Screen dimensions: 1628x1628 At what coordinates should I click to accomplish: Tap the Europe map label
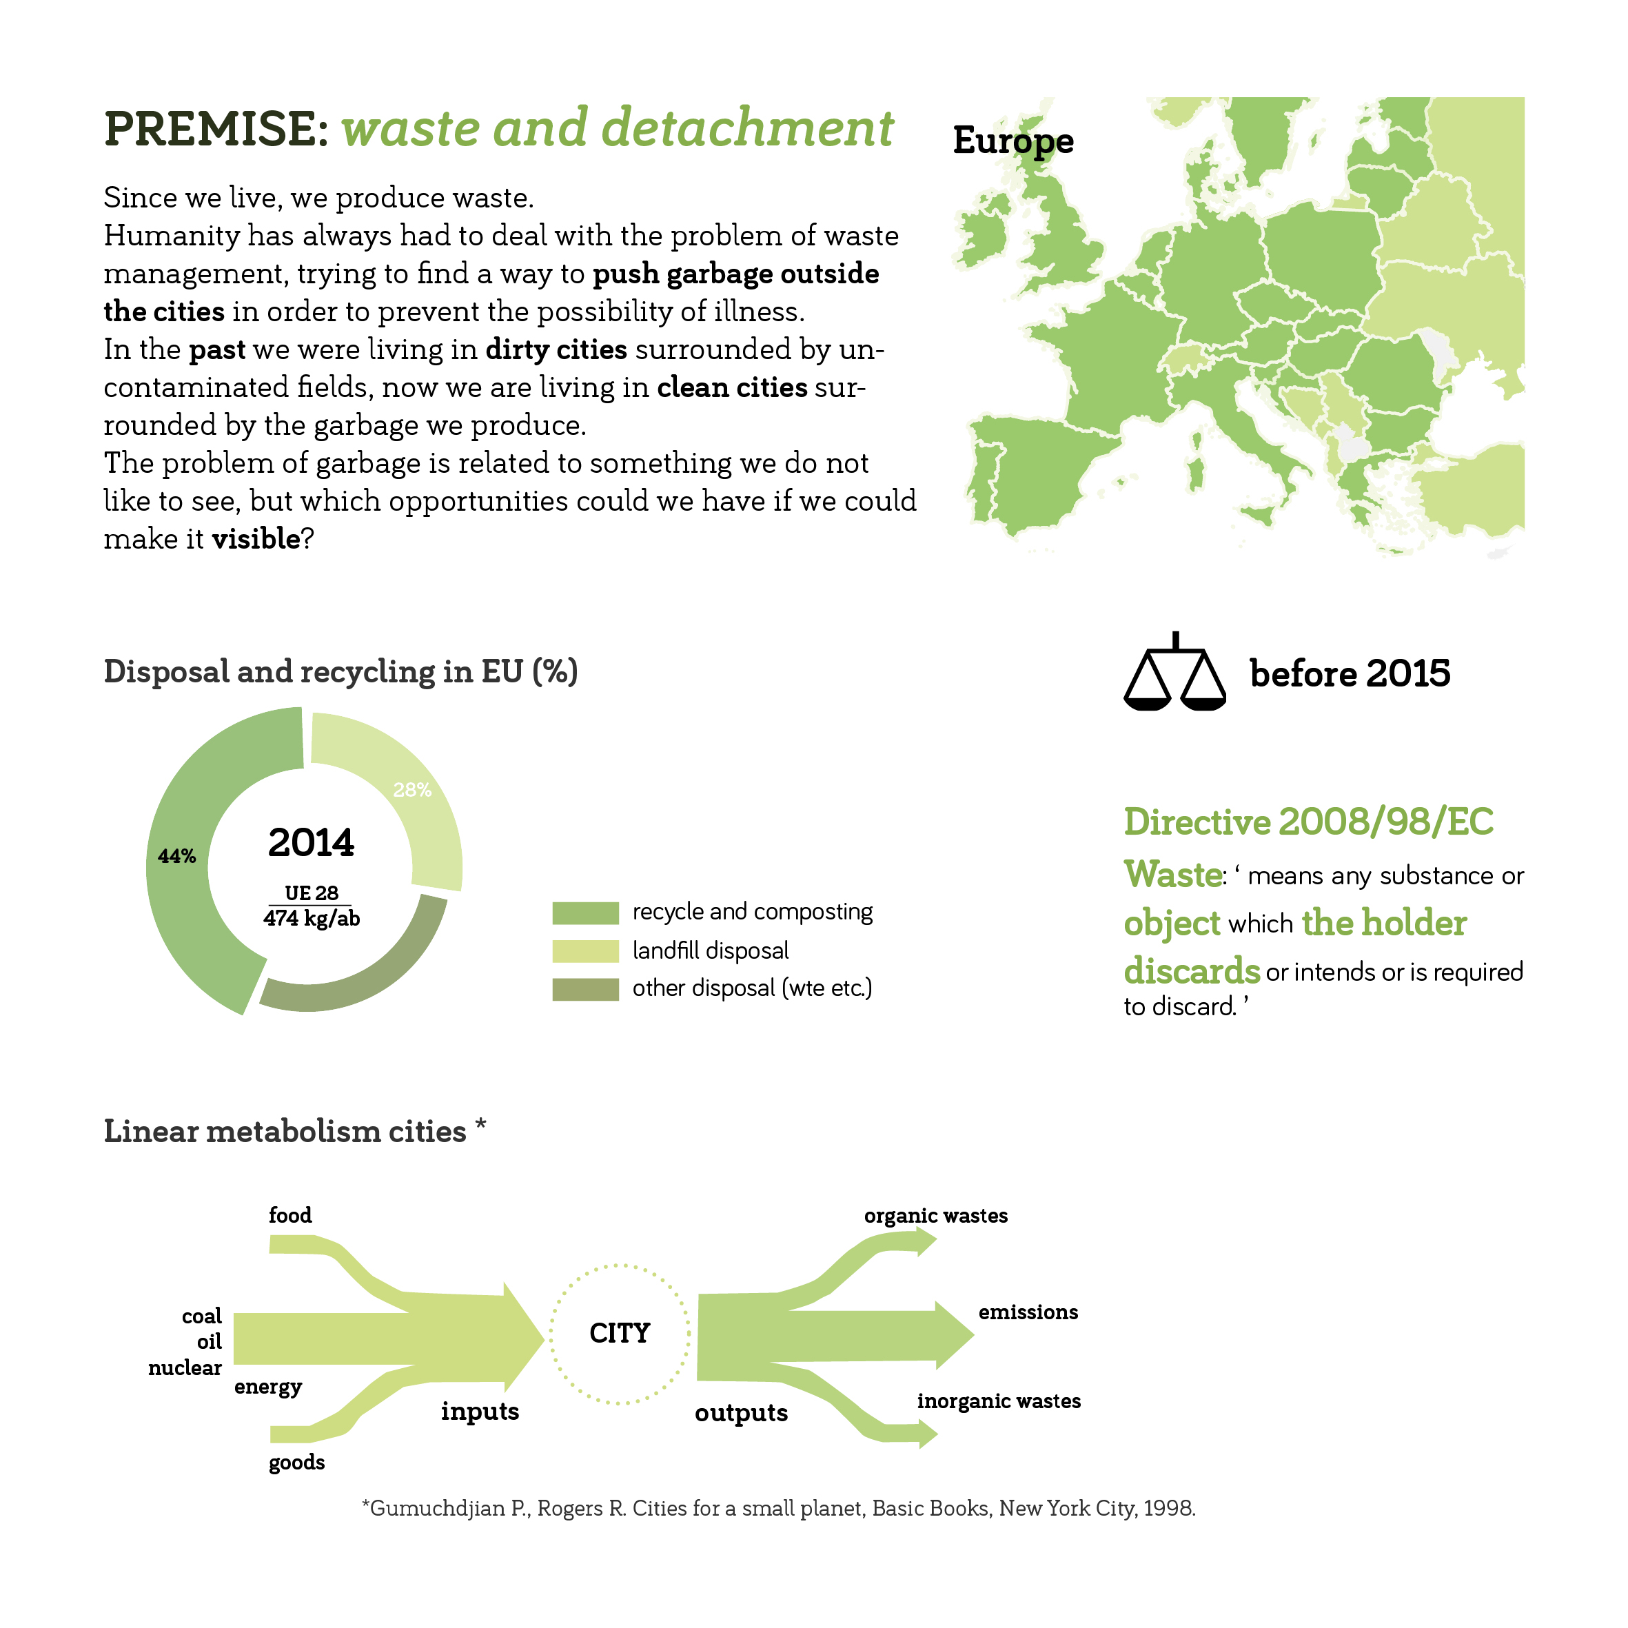(x=1013, y=141)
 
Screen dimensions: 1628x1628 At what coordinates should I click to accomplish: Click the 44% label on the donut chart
(x=177, y=856)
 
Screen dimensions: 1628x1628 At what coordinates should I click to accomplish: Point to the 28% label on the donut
(x=412, y=790)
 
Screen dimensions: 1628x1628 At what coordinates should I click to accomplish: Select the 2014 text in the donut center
(x=311, y=843)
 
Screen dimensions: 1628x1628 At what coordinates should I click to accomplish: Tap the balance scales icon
(x=1174, y=674)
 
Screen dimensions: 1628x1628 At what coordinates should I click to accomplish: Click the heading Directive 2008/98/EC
(x=1308, y=822)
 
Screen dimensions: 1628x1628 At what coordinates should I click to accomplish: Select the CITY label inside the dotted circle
(x=620, y=1333)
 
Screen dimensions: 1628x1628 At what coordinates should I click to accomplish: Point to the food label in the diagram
(x=290, y=1215)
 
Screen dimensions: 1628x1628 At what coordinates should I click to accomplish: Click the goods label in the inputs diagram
(x=296, y=1462)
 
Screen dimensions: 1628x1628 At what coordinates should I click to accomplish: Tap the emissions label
(x=1028, y=1312)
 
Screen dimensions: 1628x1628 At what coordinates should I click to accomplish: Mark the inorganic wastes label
(x=999, y=1401)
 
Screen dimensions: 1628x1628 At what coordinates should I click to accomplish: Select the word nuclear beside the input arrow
(x=185, y=1367)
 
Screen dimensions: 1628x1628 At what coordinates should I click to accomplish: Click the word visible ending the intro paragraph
(x=255, y=539)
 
